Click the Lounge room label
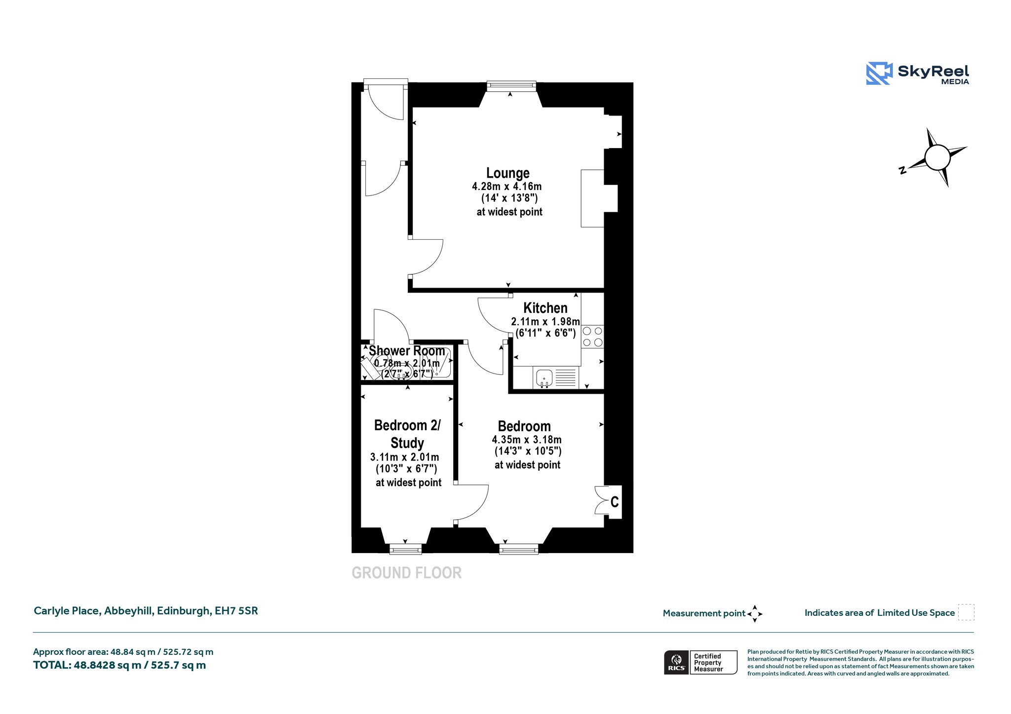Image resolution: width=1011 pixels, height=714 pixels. click(507, 173)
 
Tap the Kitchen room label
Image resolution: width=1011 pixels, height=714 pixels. click(545, 308)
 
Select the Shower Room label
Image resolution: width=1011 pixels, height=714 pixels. click(407, 351)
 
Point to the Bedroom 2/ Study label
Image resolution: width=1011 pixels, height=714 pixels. click(407, 434)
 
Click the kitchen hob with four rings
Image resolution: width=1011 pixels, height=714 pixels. click(592, 337)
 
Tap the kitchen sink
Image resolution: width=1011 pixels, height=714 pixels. click(544, 377)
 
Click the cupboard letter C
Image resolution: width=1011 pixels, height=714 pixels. click(615, 502)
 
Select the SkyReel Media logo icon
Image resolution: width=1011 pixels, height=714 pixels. click(879, 74)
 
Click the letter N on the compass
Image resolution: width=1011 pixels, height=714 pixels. click(902, 170)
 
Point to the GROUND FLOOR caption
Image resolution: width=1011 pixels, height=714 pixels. click(407, 573)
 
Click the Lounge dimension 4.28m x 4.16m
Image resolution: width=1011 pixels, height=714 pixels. click(506, 187)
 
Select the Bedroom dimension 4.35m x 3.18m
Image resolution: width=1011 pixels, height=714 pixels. click(527, 440)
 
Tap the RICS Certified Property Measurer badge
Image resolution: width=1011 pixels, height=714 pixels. click(700, 662)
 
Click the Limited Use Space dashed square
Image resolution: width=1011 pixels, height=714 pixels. click(966, 612)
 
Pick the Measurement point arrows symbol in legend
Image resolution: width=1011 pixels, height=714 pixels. click(755, 614)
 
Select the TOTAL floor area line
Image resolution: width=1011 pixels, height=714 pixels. click(119, 665)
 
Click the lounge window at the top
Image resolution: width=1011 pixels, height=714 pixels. click(511, 86)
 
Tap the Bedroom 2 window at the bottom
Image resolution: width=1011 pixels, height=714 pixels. click(406, 549)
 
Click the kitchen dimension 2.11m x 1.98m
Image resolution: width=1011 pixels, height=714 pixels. click(545, 322)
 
